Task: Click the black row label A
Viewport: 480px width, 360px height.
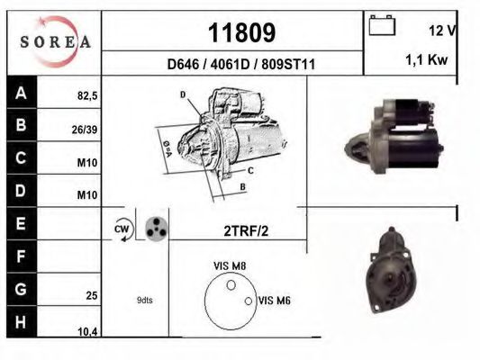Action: tap(20, 93)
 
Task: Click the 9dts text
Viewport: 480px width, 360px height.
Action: tap(144, 301)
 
